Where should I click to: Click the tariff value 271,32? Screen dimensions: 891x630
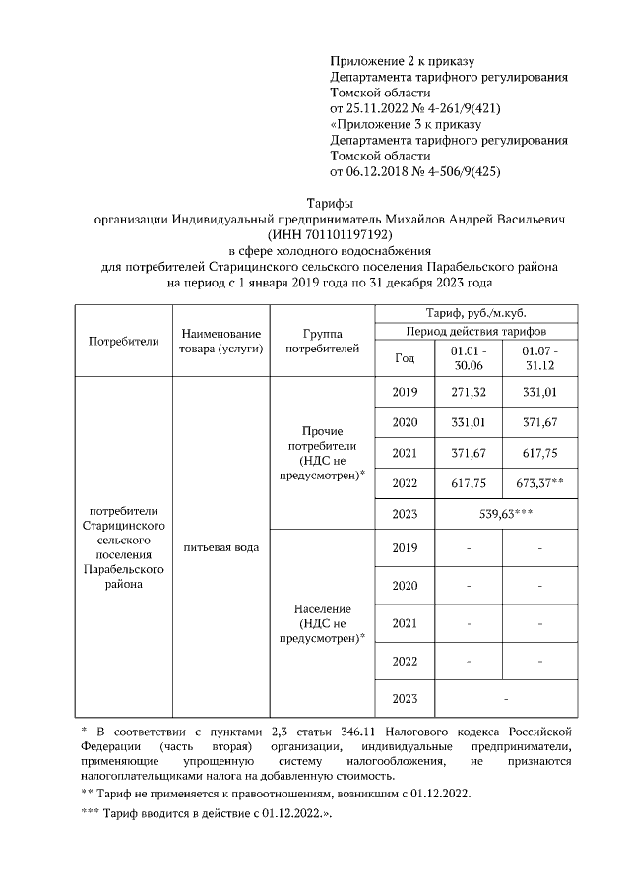click(468, 393)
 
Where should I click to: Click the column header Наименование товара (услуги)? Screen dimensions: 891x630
click(220, 342)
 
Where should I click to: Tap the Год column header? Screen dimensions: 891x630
click(405, 358)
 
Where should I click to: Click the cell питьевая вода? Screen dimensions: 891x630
click(220, 547)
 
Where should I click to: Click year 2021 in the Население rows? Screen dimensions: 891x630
click(405, 623)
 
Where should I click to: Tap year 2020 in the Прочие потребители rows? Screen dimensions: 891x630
click(405, 422)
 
